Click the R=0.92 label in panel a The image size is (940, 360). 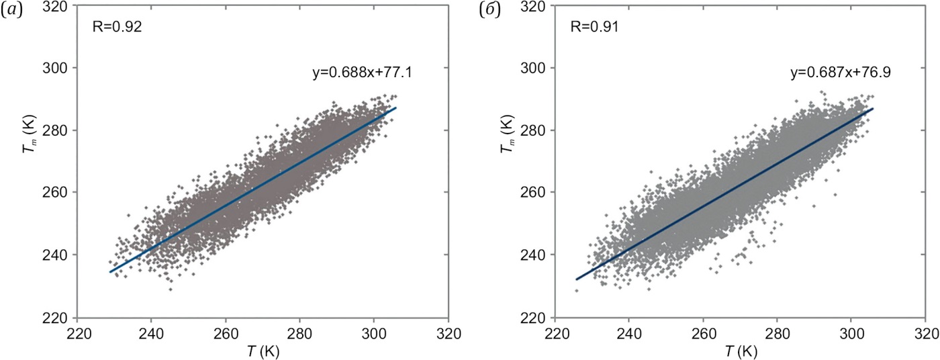(117, 28)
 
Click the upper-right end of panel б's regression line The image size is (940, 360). (873, 108)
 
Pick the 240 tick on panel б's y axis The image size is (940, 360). (538, 255)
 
